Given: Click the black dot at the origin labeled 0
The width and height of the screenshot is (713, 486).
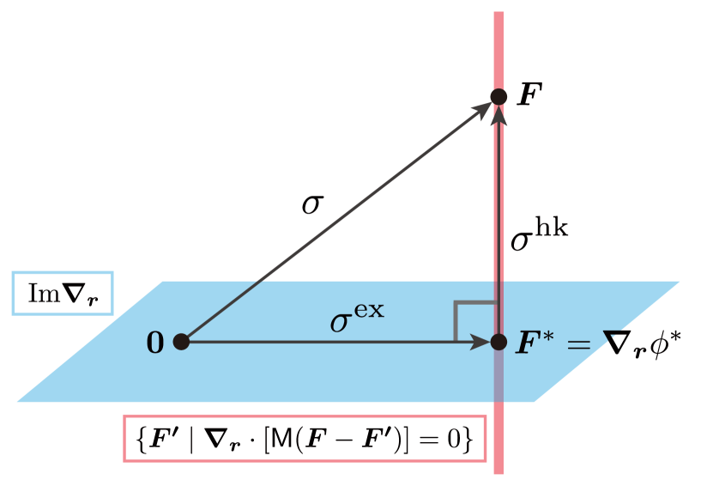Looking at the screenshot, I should (x=181, y=342).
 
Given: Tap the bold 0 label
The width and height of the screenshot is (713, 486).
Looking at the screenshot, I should (x=155, y=343).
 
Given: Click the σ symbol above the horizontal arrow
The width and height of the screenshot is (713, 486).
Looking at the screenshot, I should (x=340, y=323).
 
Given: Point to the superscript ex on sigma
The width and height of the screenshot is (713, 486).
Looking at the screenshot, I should (x=368, y=310).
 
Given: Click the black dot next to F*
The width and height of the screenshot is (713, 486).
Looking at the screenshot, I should (x=498, y=342).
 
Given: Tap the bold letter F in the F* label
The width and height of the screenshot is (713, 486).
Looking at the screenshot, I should (x=524, y=344).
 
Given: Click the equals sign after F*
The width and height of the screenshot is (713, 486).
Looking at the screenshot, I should (x=578, y=345).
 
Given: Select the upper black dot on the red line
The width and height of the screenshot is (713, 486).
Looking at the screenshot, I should (x=498, y=97).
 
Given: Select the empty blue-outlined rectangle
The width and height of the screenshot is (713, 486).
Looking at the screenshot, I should (x=63, y=293).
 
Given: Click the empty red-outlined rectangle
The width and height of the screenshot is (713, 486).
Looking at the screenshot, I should (x=305, y=438).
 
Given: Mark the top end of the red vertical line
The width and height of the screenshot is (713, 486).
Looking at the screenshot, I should (x=498, y=15).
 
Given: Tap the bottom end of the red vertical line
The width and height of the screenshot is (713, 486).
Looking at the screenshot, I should (x=498, y=471).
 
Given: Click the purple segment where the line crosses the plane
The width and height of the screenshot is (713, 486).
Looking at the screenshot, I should (x=498, y=378).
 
